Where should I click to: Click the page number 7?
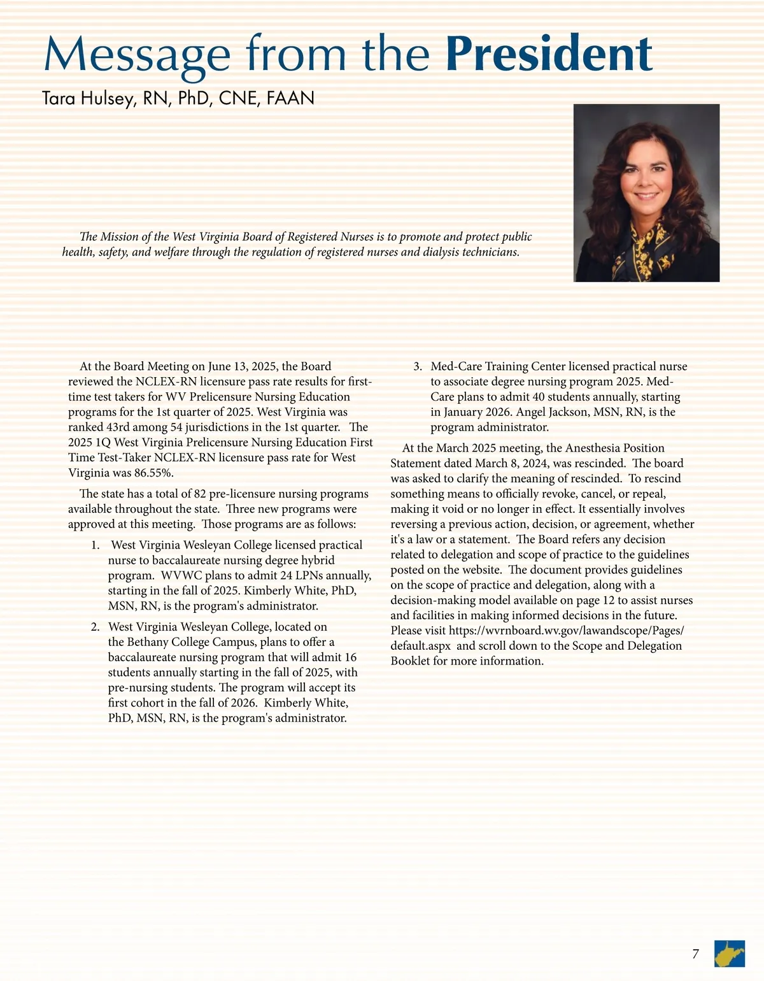[695, 954]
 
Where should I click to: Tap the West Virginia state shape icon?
[730, 954]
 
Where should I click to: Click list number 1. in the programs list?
[95, 545]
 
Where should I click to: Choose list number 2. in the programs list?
[95, 627]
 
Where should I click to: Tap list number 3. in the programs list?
[418, 366]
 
